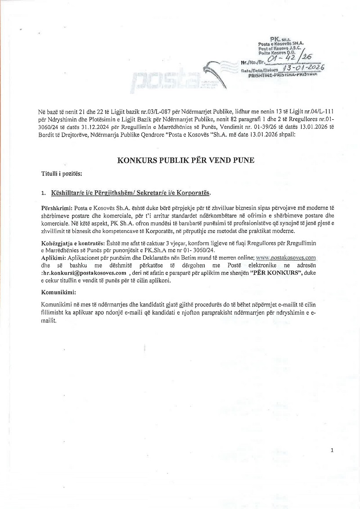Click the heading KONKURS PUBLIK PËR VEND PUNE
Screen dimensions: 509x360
click(180, 159)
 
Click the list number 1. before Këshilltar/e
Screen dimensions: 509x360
click(43, 193)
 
